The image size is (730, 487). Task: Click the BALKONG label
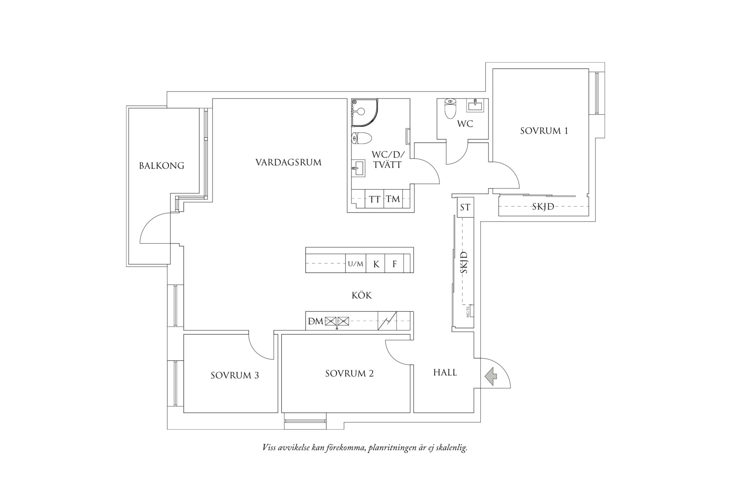click(162, 166)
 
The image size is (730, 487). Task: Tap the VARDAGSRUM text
click(288, 162)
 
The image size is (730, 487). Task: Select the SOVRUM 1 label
click(544, 131)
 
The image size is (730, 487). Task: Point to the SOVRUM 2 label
click(349, 373)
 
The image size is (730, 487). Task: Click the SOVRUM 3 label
click(235, 375)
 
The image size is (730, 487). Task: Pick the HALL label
click(445, 373)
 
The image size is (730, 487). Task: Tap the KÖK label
click(362, 295)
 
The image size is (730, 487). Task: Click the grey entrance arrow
click(490, 376)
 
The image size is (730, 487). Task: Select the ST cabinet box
click(465, 207)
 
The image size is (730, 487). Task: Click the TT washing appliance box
click(374, 199)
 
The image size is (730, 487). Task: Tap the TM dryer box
click(393, 199)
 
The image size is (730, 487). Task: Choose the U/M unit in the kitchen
click(356, 264)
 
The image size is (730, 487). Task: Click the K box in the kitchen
click(376, 264)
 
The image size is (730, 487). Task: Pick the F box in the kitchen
click(395, 264)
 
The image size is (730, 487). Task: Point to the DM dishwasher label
click(316, 321)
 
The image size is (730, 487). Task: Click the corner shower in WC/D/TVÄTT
click(364, 111)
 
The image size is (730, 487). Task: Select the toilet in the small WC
click(450, 107)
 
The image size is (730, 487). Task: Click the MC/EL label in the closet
click(468, 311)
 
